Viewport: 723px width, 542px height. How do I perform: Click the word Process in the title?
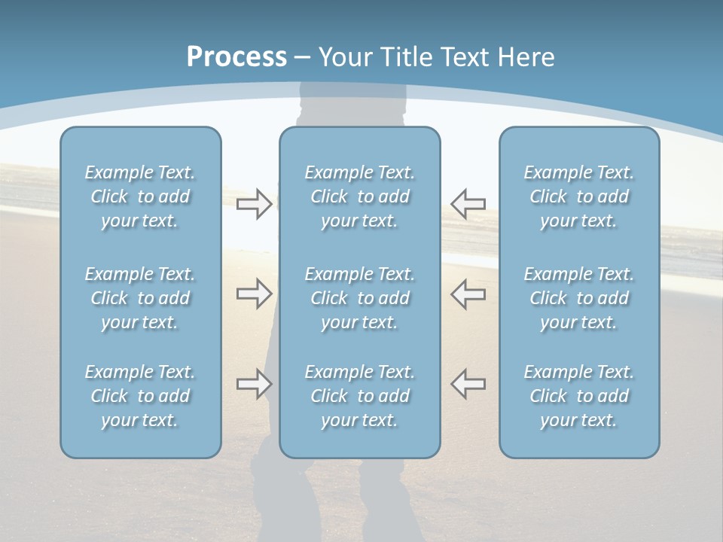point(236,57)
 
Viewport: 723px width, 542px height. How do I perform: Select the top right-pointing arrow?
point(254,203)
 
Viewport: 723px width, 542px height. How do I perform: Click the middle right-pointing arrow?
point(254,294)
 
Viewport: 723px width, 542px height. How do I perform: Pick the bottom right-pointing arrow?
point(254,384)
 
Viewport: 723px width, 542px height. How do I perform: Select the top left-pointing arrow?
point(468,203)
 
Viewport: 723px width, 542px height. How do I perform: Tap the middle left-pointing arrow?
point(468,294)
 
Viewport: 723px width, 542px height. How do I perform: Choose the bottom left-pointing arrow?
point(468,384)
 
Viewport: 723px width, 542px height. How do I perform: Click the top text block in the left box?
point(140,196)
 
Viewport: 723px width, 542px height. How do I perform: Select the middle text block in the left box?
point(140,298)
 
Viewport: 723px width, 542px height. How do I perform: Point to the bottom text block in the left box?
point(140,396)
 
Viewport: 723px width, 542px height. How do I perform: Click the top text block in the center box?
point(359,196)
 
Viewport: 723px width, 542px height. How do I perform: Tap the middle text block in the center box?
point(359,298)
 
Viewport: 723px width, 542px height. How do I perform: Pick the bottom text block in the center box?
point(359,396)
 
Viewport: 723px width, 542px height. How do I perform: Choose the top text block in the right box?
point(578,196)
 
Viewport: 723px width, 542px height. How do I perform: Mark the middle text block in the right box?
point(578,298)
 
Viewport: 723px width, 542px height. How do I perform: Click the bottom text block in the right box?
point(578,396)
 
